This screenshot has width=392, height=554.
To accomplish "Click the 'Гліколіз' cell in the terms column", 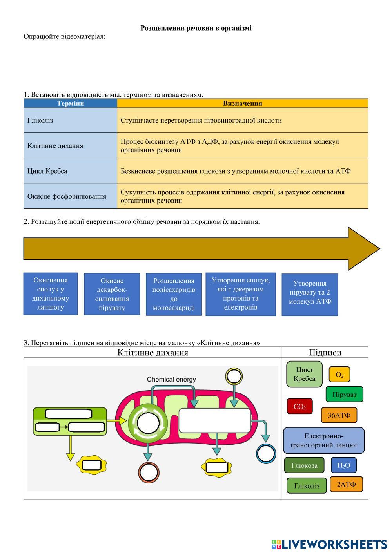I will pos(70,120).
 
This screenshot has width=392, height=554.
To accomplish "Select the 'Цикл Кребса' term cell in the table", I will pos(70,171).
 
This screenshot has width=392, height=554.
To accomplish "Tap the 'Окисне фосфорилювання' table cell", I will pos(70,196).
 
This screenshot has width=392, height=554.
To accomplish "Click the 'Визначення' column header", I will pos(242,103).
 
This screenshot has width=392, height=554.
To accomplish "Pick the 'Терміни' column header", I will pos(70,103).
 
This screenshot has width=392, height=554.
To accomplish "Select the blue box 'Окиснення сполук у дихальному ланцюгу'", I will pos(51,294).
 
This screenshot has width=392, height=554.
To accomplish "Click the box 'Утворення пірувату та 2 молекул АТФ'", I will pos(310,295).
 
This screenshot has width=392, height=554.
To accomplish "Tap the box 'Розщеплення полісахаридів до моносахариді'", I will pos(174,294).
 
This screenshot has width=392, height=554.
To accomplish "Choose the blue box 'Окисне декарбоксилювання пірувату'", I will pos(112,294).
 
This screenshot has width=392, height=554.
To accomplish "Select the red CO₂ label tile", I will pos(299,407).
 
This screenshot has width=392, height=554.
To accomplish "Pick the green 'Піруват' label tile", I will pos(344,395).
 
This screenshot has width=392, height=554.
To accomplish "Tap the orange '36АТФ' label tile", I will pos(339,415).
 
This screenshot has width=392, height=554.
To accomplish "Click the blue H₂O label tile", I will pos(344,465).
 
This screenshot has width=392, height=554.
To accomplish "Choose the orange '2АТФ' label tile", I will pos(347,484).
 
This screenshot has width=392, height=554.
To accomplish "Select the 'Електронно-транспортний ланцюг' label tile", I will pos(323,440).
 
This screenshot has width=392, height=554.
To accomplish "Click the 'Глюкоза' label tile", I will pos(304,465).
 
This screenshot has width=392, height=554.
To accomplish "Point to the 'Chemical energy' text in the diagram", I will pos(171,379).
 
